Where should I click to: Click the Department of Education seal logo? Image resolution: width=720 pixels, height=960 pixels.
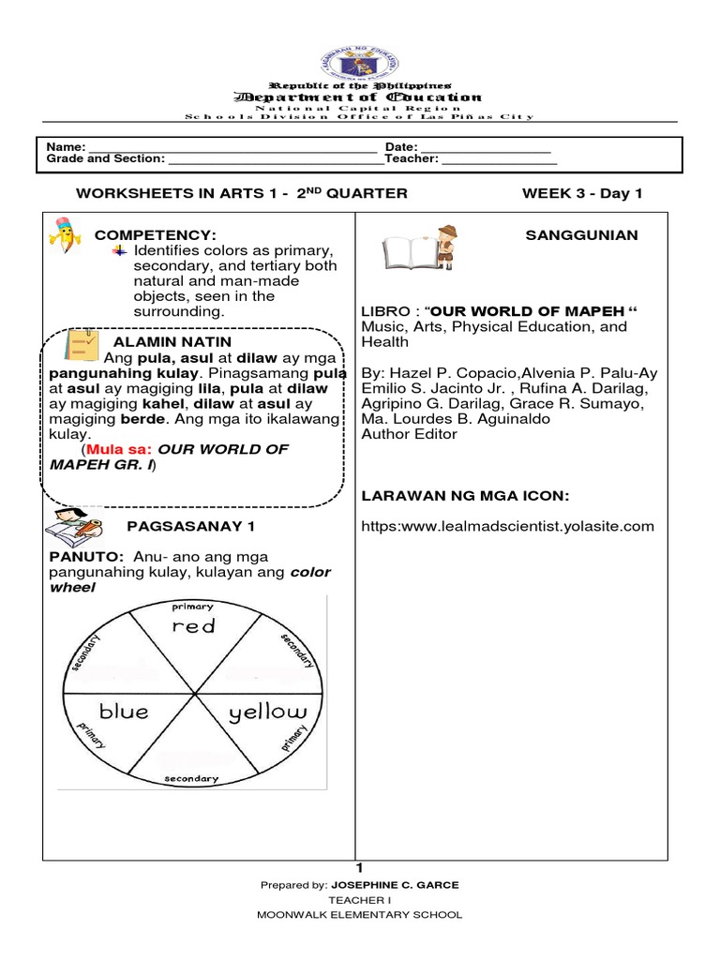(x=361, y=67)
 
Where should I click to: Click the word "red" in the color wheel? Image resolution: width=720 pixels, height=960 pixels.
(x=193, y=625)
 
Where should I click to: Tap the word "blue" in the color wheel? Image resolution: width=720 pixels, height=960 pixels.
(x=124, y=712)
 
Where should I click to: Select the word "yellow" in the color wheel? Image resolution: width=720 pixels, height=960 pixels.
(x=267, y=712)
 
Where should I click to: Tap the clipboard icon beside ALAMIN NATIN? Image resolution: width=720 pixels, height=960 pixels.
(x=81, y=345)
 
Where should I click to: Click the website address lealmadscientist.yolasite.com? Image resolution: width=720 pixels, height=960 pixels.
(x=507, y=526)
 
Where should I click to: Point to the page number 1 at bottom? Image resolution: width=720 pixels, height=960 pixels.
(x=359, y=869)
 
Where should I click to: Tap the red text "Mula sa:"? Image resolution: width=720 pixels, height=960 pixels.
(x=120, y=449)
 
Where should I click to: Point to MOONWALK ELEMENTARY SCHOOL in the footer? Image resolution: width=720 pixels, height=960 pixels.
(x=359, y=915)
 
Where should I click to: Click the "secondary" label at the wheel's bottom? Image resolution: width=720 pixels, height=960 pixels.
(x=191, y=778)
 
